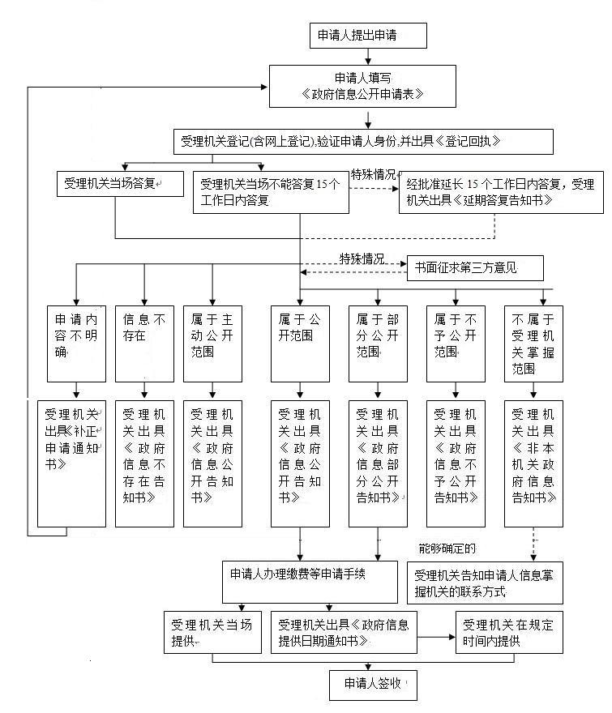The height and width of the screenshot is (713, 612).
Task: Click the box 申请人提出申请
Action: pos(368,36)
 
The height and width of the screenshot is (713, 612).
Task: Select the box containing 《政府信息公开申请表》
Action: pos(369,86)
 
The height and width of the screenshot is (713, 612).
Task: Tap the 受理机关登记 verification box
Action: pos(362,142)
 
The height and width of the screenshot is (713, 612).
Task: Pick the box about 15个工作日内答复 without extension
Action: pos(271,193)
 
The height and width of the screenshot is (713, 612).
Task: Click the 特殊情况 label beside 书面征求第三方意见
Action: pos(362,258)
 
